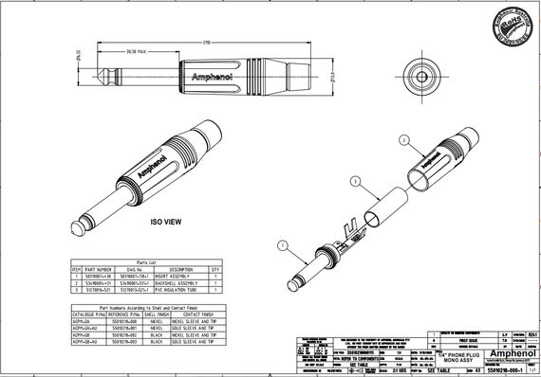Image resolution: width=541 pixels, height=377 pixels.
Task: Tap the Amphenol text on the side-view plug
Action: [211, 76]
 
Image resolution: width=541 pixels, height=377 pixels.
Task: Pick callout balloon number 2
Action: [402, 139]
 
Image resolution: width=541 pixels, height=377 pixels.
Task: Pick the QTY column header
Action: [216, 269]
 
